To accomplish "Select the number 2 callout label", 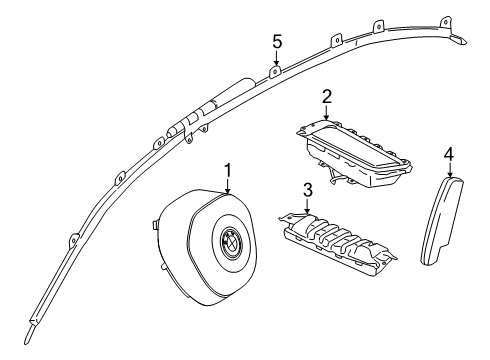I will pos(326,96).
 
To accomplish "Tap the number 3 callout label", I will pos(308,190).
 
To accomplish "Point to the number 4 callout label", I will pos(449,154).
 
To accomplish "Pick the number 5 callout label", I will pos(277,41).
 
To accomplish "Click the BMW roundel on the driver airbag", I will pos(228,240).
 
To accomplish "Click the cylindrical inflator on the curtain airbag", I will pos(225,95).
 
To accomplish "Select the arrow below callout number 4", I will pos(449,170).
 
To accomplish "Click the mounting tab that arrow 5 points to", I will pos(275,70).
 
